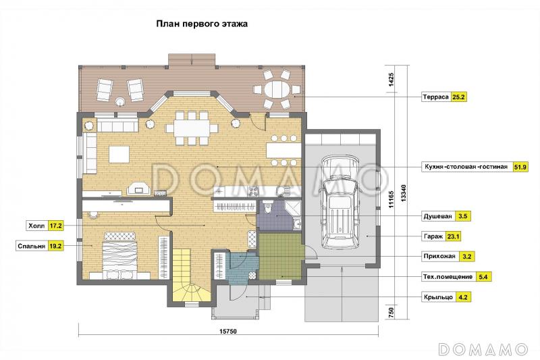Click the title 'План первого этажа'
tap(202, 23)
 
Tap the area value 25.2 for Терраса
tap(460, 97)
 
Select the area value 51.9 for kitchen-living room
tap(520, 166)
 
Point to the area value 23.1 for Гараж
tap(462, 236)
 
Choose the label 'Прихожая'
tap(439, 257)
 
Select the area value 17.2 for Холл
tap(55, 226)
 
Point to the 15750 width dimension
tap(232, 332)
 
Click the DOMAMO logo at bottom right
tap(482, 349)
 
